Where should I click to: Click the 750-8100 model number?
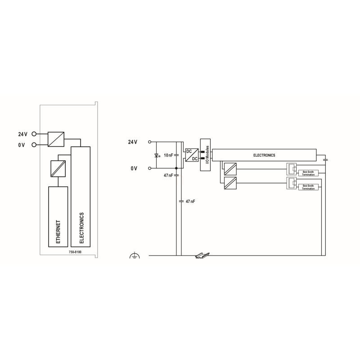[75, 252]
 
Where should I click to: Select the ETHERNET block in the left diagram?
[58, 217]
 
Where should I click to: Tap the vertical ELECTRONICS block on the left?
[81, 197]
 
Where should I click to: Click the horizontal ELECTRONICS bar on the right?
[264, 155]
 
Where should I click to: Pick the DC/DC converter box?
[192, 155]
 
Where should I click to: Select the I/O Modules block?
[205, 155]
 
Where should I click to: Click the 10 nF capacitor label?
[168, 155]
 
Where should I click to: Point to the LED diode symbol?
[157, 155]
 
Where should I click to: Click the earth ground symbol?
[135, 255]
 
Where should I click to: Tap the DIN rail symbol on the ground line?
[202, 255]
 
